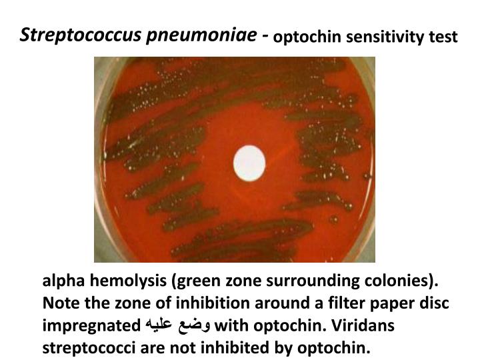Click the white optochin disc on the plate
click(x=249, y=160)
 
